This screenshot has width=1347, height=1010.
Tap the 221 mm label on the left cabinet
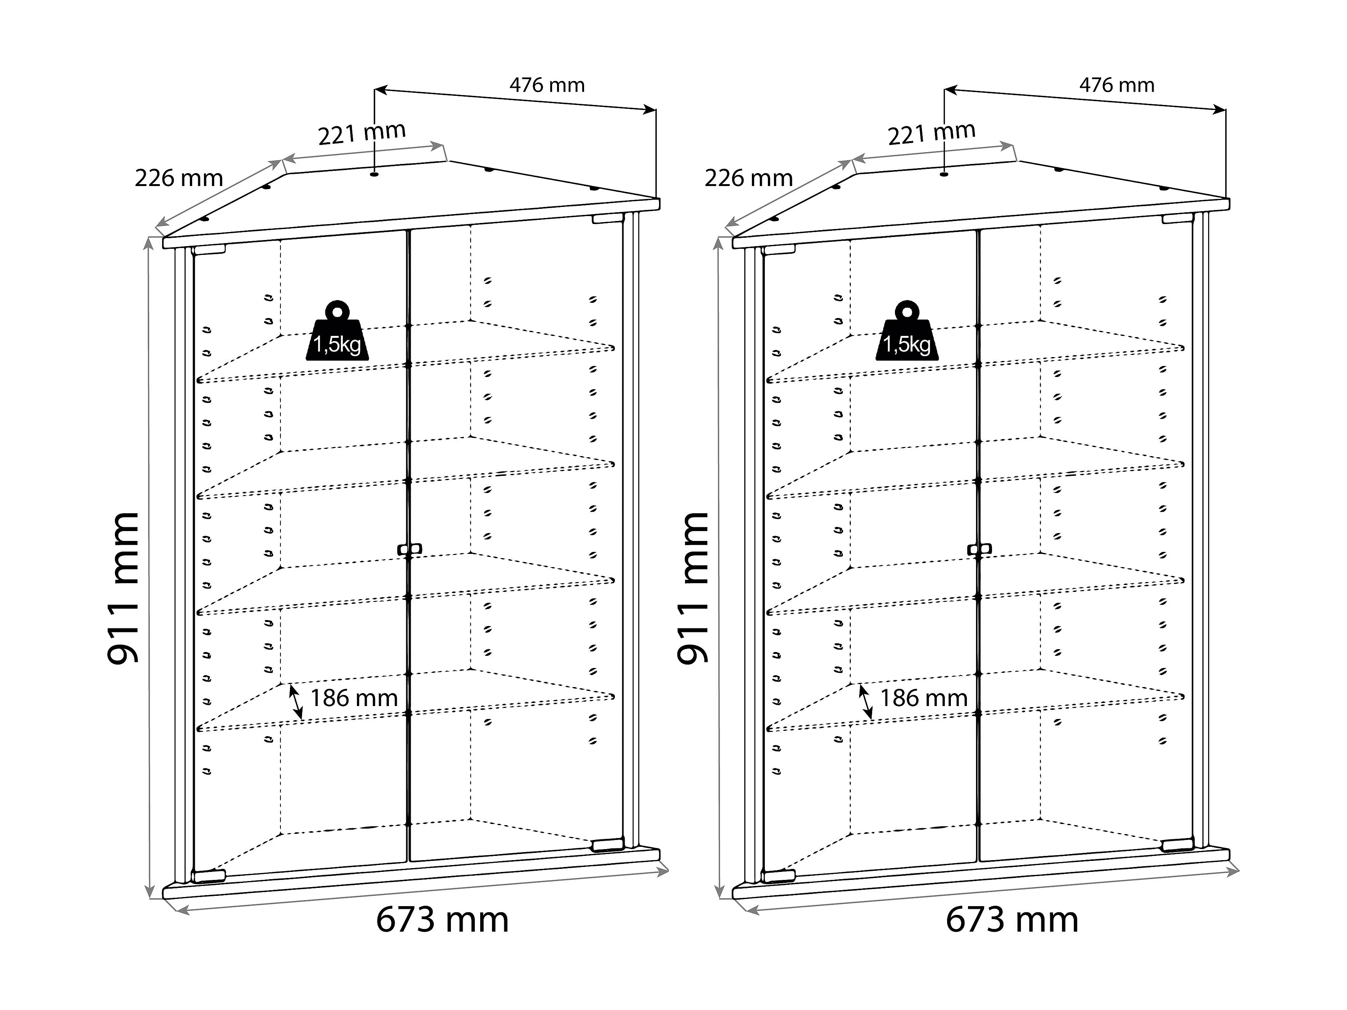coord(362,133)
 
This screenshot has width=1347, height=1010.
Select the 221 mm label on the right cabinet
coord(932,133)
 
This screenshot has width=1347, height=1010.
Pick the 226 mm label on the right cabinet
coord(748,178)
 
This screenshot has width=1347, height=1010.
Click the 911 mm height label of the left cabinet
coord(124,587)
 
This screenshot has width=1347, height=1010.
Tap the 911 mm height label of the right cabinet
coord(694,587)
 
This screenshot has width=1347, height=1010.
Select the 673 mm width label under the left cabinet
coord(442,919)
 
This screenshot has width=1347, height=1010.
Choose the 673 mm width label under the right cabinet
coord(1012,919)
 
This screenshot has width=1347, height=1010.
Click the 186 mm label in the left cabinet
coord(354,698)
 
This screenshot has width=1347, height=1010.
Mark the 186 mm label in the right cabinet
coord(924,698)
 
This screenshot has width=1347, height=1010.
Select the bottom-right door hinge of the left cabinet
coord(607,845)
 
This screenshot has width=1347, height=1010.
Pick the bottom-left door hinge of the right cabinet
coord(778,876)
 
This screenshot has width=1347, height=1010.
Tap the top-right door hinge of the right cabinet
coord(1177,218)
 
